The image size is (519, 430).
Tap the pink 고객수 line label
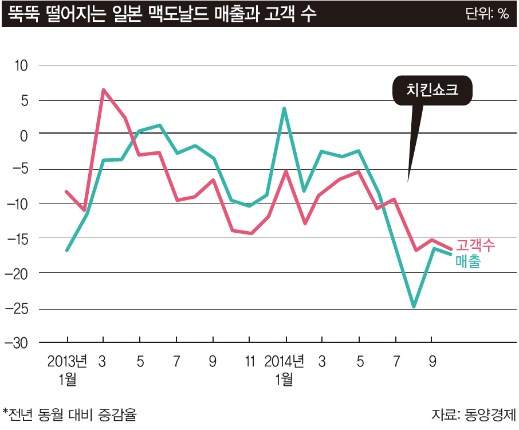coord(475,245)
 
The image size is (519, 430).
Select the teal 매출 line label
coord(467,261)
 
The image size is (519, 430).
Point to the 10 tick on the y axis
coord(21,65)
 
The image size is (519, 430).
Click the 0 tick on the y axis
coord(24,135)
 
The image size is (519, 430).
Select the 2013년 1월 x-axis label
coord(67,370)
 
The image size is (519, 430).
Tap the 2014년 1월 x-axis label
coord(285,370)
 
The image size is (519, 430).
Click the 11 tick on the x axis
coord(249,362)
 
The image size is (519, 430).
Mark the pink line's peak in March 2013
coord(103,90)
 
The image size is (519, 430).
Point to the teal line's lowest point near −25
coord(414,307)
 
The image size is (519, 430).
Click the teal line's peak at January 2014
coord(284,108)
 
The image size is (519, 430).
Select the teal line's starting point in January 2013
coord(67,250)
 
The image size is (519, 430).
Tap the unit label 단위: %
coord(487,14)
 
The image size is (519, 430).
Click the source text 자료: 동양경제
coord(474,413)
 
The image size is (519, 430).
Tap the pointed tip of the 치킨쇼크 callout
coord(408,181)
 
